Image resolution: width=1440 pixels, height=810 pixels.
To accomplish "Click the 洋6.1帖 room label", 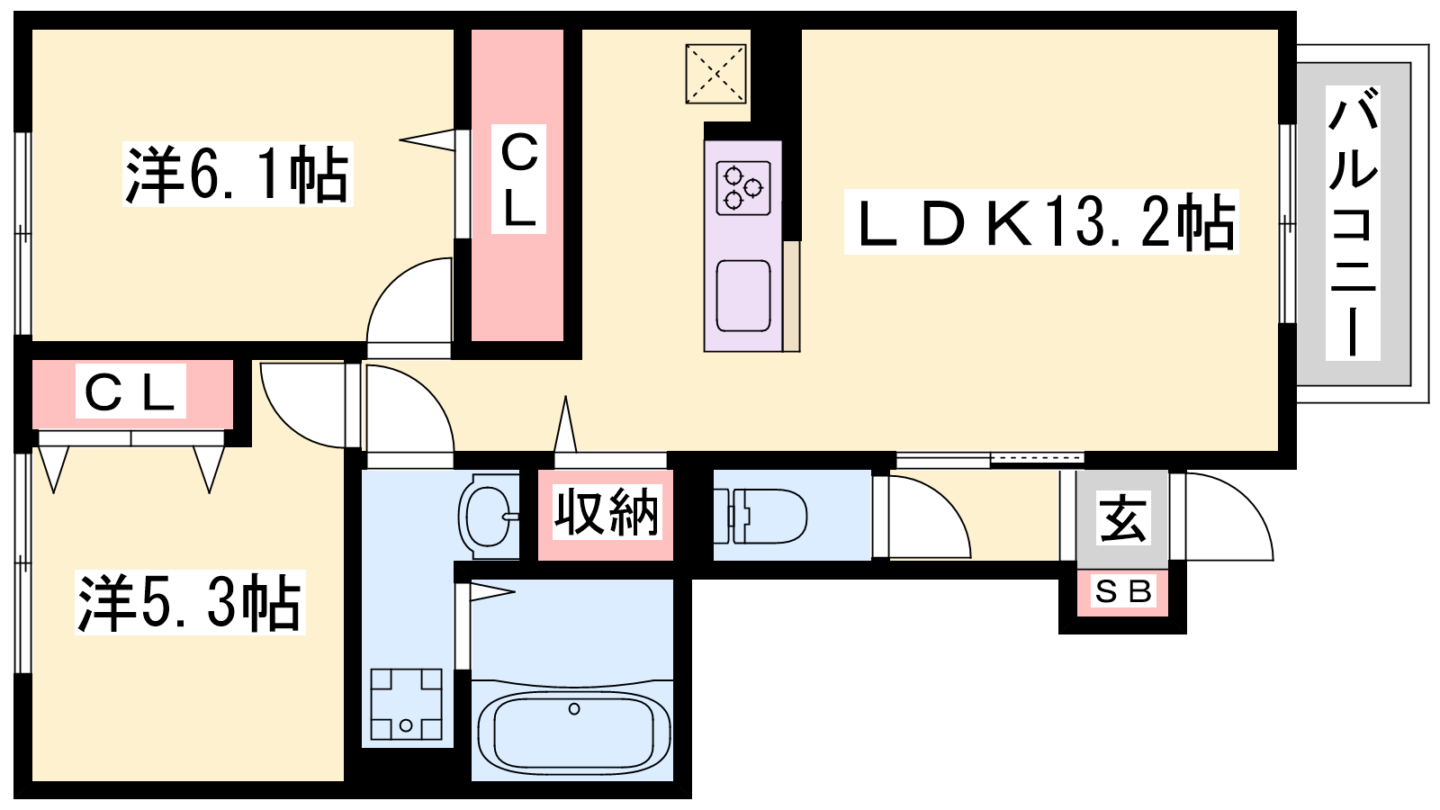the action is click(238, 175).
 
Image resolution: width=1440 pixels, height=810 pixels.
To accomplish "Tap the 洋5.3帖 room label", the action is click(190, 603).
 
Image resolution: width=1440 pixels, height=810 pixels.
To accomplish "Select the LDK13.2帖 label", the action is click(1040, 222).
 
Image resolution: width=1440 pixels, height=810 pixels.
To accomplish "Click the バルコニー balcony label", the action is click(1353, 222).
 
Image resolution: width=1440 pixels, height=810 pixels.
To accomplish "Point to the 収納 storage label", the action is click(607, 512).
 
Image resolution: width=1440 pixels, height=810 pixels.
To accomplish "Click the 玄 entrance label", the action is click(1122, 518).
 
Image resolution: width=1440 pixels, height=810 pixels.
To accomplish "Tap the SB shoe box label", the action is click(1122, 591).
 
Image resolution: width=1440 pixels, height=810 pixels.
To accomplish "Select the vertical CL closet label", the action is click(518, 179).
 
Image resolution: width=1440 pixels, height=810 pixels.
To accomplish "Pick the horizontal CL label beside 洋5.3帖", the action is click(130, 391).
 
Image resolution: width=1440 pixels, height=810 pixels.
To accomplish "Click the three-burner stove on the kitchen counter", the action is click(743, 188).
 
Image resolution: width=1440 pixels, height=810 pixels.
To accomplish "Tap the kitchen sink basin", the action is click(743, 296).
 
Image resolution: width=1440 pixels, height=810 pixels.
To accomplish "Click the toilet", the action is click(760, 517).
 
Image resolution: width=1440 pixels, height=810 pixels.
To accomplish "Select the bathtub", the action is click(574, 733).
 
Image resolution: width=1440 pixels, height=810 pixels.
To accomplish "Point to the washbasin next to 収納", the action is click(489, 517).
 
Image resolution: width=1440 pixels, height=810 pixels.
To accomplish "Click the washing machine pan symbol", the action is click(406, 705).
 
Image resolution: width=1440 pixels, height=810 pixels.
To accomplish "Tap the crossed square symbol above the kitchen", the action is click(715, 74).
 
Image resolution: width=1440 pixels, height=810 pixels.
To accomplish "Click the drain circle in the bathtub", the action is click(574, 709).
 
